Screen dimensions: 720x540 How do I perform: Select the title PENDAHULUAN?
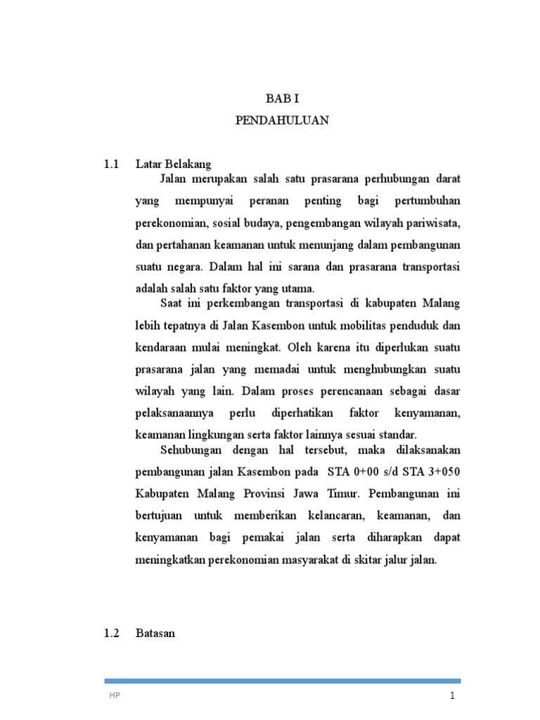tap(282, 121)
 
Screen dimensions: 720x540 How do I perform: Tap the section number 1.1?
tap(112, 165)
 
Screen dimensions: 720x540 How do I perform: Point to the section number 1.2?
tap(112, 634)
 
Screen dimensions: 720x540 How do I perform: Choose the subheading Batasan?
tap(155, 634)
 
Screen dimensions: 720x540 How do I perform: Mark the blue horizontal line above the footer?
tap(282, 681)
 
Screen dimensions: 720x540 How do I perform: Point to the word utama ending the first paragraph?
tap(300, 288)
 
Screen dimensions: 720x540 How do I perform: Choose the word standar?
tap(416, 435)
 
